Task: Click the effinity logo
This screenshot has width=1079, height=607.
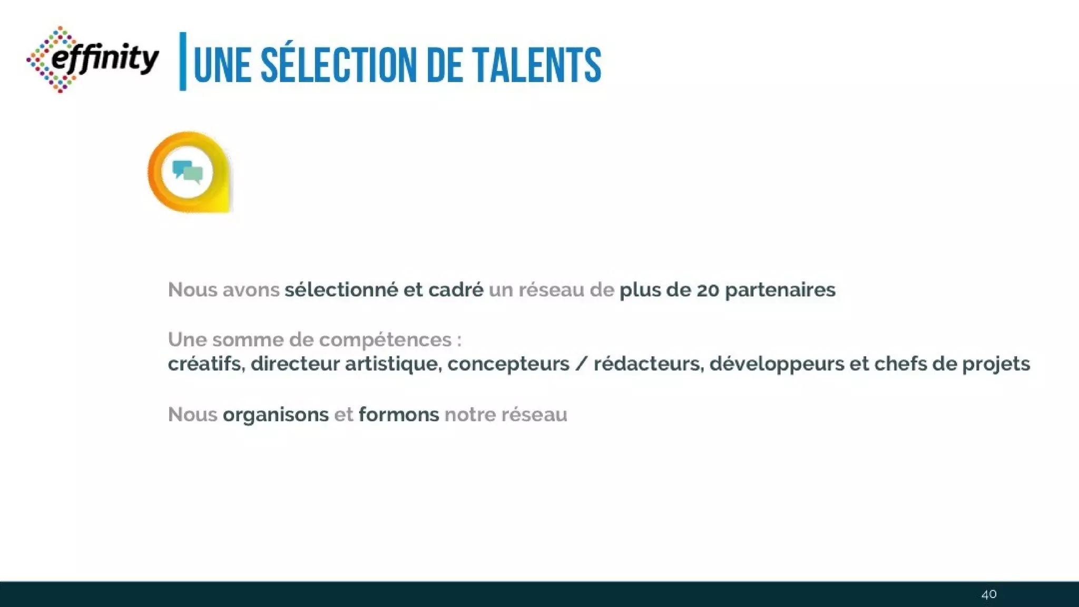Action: (x=93, y=59)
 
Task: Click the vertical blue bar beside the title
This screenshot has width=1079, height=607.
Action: (x=183, y=61)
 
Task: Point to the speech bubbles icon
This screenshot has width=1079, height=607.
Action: (x=188, y=172)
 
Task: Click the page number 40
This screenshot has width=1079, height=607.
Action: (x=989, y=594)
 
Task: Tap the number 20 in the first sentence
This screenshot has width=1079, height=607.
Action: (x=708, y=290)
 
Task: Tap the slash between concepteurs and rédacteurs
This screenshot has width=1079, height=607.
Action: (x=581, y=364)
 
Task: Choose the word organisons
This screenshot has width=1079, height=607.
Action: (x=276, y=415)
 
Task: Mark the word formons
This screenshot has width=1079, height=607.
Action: (x=399, y=415)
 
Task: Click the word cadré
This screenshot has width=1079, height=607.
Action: (x=456, y=290)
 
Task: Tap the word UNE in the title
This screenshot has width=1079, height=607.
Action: (x=222, y=65)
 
